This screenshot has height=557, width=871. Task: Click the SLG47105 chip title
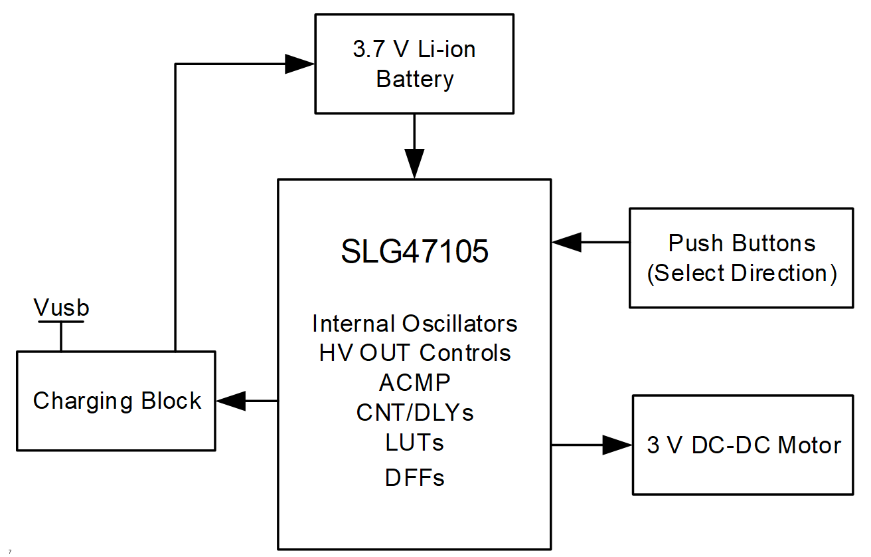[415, 252]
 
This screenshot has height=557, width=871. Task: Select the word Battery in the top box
[415, 79]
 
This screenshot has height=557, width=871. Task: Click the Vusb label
[61, 308]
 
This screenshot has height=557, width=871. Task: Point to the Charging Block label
[117, 401]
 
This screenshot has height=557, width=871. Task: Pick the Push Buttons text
[742, 243]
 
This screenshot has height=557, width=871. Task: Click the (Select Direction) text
[742, 273]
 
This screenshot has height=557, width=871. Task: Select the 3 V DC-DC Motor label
[744, 445]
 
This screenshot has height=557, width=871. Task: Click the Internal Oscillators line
[415, 324]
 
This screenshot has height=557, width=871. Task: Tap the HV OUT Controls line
[415, 352]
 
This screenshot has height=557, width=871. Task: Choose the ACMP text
[415, 382]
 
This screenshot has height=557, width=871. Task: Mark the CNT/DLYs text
[415, 412]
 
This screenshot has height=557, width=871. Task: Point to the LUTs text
[415, 441]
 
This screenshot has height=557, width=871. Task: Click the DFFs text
[415, 477]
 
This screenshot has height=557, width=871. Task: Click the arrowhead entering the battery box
[299, 64]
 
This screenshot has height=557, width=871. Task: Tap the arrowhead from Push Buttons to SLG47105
[566, 243]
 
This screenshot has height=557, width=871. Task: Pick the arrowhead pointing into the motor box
[617, 445]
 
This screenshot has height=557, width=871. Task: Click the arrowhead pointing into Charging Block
[230, 401]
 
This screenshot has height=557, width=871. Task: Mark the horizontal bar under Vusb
[61, 322]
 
